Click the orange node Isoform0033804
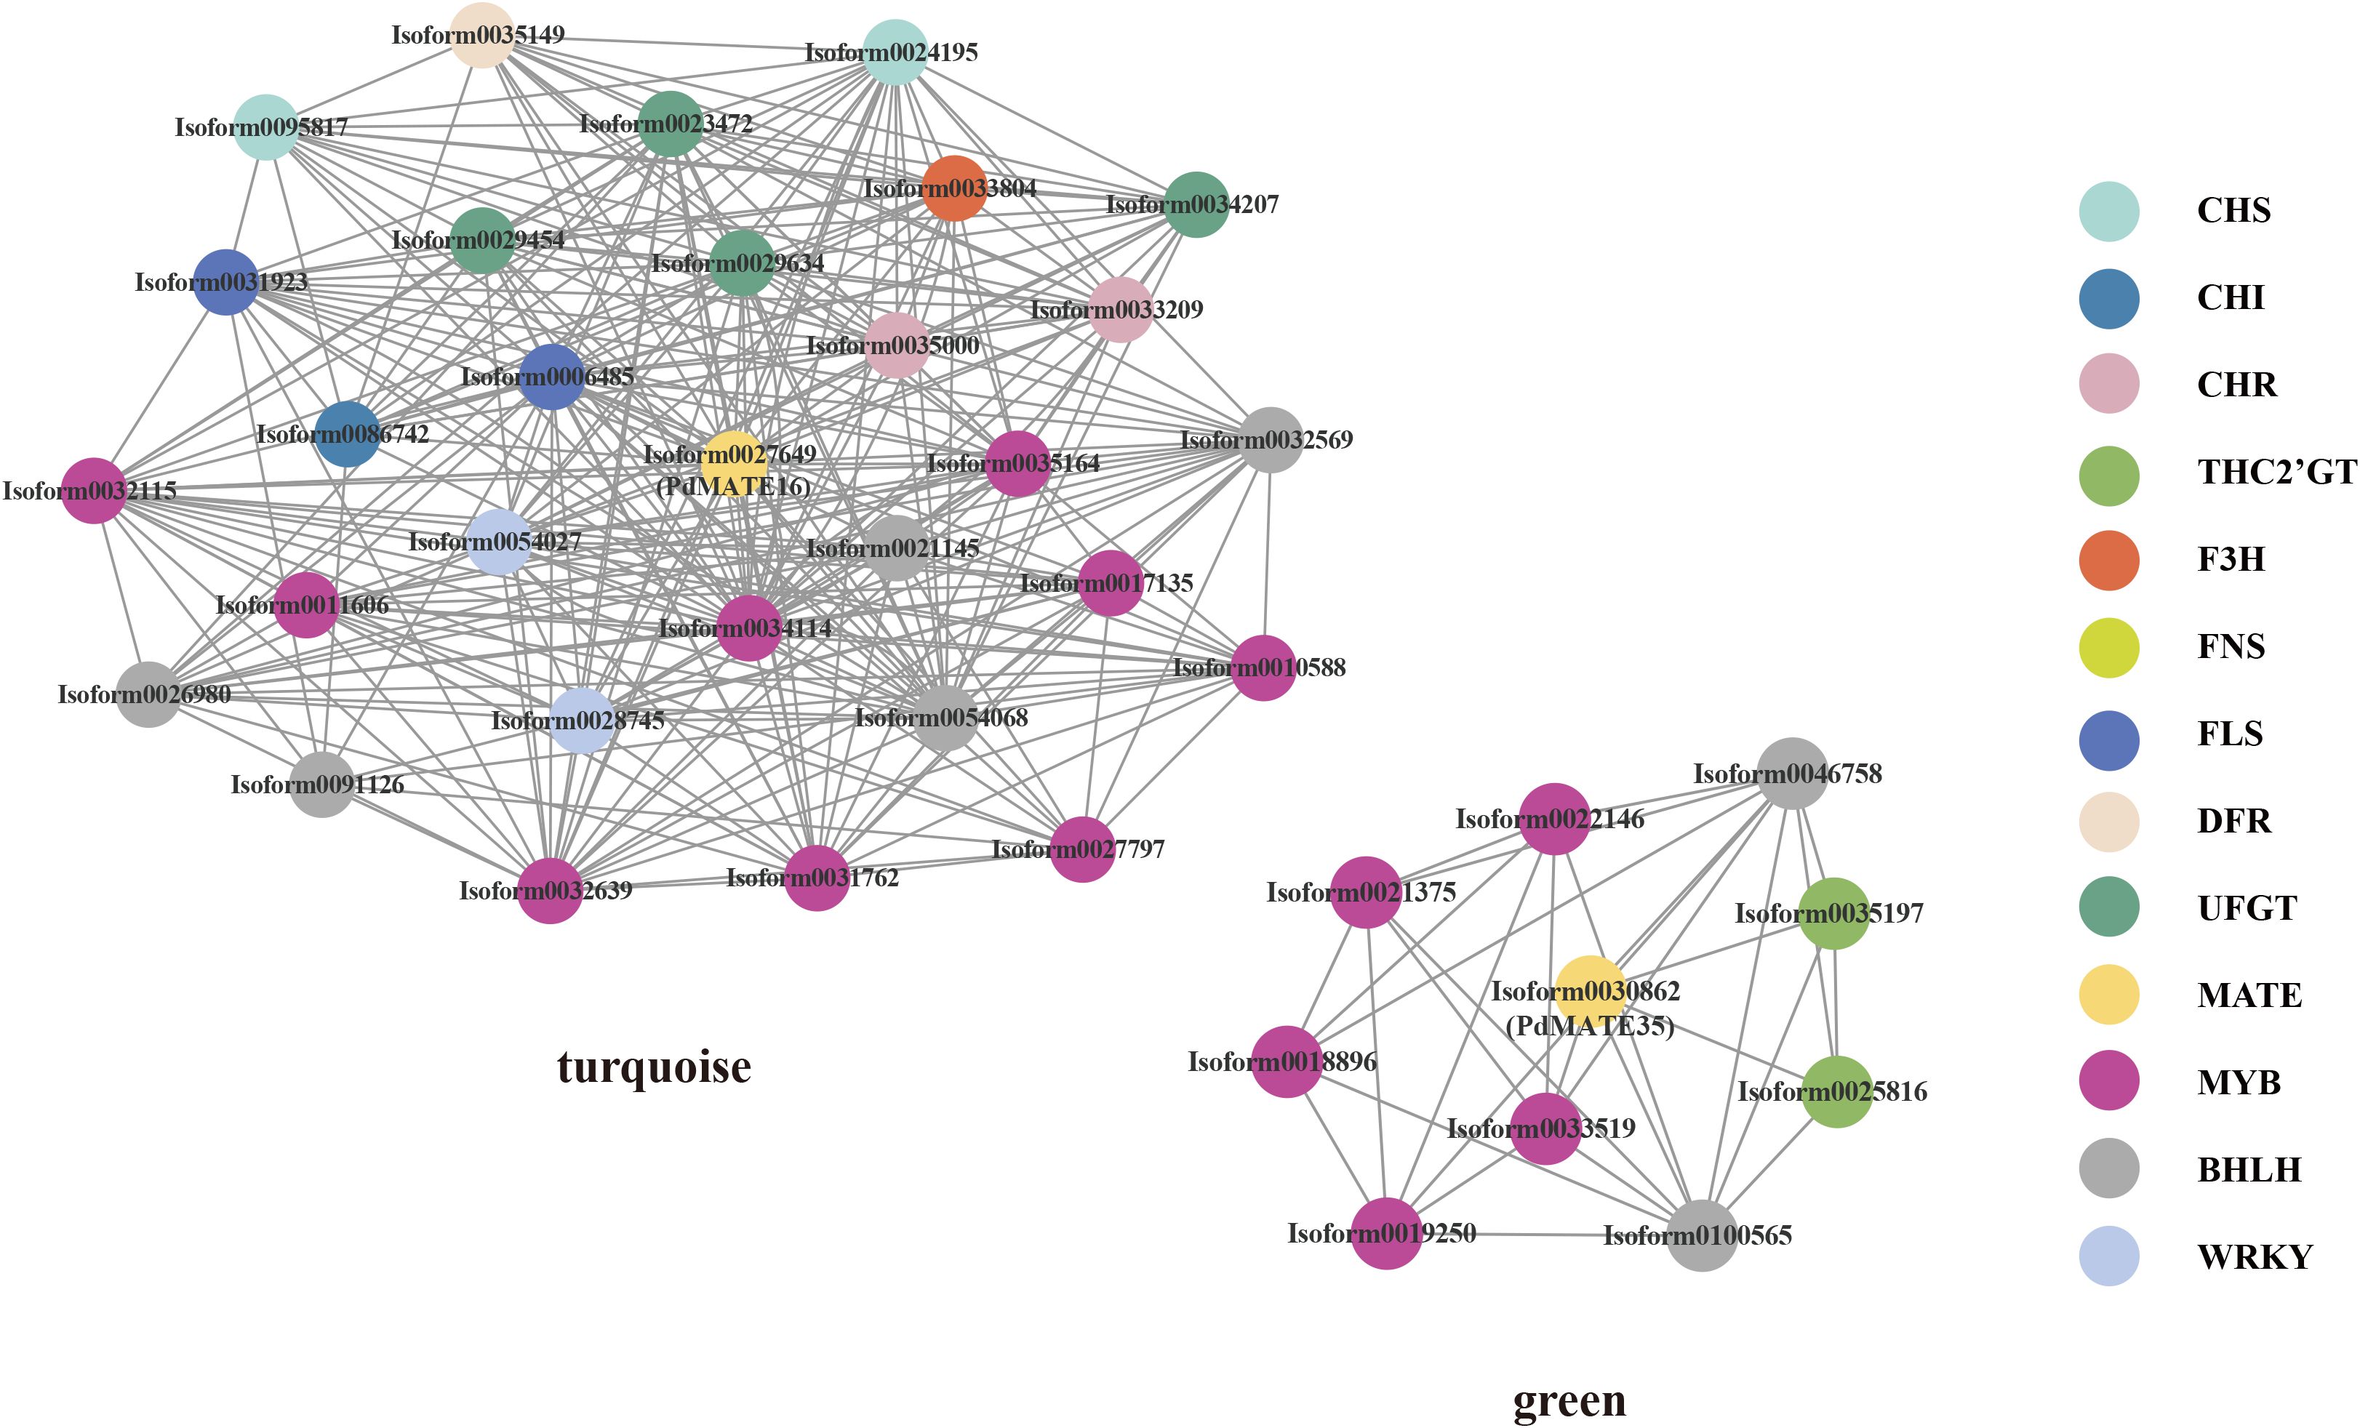[954, 188]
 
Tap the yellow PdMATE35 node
[1589, 990]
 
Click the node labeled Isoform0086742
[347, 434]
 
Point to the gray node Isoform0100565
[1701, 1235]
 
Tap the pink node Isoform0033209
[1120, 309]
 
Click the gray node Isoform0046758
[1791, 773]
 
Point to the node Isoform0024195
[895, 52]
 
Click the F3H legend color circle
[2109, 559]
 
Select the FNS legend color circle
[2109, 647]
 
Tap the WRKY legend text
[2255, 1256]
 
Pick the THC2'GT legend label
[2276, 472]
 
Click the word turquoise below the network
[654, 1067]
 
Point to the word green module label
[1569, 1400]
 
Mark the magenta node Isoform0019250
[1386, 1232]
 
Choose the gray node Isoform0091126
[321, 785]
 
